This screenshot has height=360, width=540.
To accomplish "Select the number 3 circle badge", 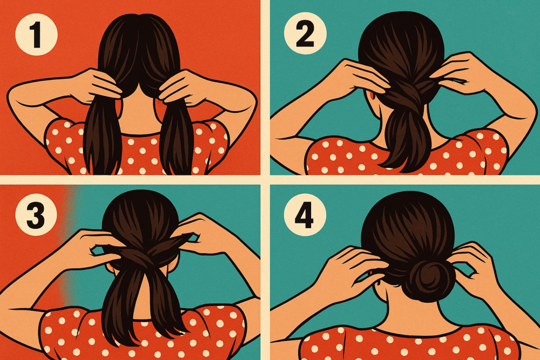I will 36,215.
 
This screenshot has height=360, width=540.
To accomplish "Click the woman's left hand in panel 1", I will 94,86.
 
